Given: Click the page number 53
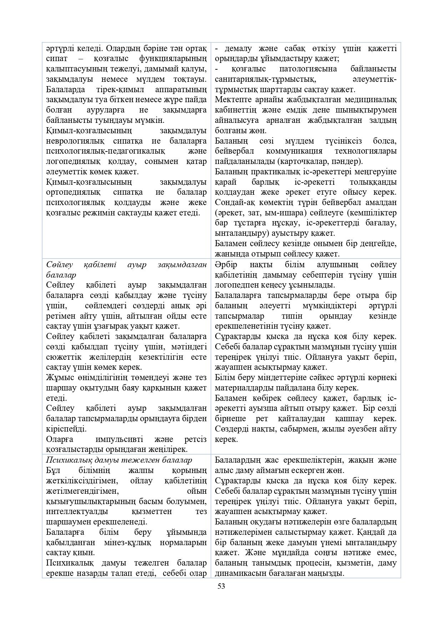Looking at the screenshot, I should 221,586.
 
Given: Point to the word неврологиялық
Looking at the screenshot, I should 74,141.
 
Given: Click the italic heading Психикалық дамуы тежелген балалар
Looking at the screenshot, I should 119,460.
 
